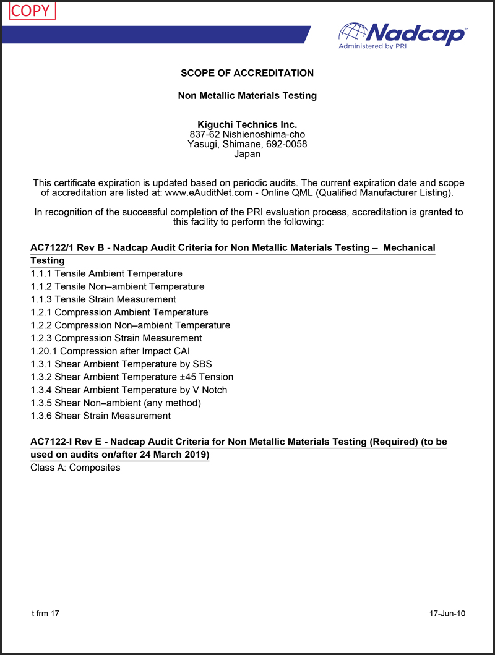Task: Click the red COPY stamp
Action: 30,11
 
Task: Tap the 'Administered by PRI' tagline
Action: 369,46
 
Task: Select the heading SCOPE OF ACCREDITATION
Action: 247,73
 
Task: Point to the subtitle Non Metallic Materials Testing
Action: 247,96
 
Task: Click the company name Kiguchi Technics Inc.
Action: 247,124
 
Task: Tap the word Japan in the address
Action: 247,154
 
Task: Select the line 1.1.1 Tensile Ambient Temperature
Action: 106,273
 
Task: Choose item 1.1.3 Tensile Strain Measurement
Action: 103,299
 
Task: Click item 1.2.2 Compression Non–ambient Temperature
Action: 130,325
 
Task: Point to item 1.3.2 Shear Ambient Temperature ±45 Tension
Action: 132,377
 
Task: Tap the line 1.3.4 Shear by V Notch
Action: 129,390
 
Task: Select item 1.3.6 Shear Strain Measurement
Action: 100,416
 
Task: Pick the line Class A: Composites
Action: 75,468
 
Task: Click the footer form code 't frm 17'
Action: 45,614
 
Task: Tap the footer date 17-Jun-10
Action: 447,614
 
